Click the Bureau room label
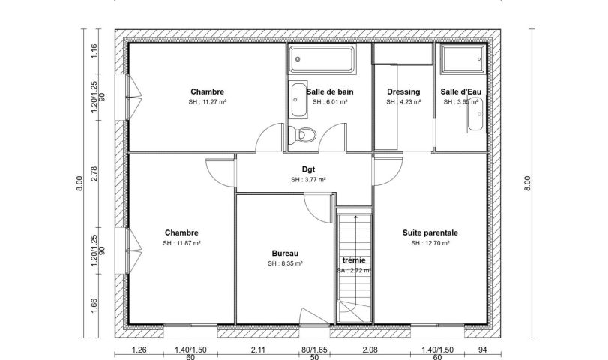(285, 253)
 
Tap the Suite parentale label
(430, 232)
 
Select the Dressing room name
(403, 92)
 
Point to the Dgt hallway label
(308, 169)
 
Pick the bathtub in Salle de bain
(322, 59)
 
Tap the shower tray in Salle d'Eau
(463, 59)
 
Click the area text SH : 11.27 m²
(208, 102)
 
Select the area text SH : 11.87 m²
(181, 243)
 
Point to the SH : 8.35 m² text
(285, 263)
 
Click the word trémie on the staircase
(354, 260)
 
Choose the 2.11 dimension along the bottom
(258, 350)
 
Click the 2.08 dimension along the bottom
(370, 350)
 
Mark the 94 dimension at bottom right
(482, 350)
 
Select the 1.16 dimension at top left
(94, 52)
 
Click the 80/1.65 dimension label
(314, 350)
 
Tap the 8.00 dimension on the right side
(527, 184)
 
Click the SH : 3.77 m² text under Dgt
(308, 180)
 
